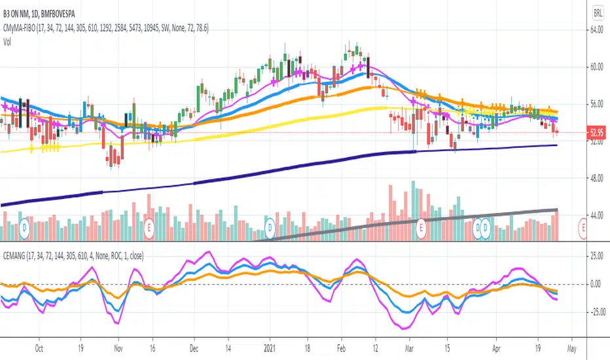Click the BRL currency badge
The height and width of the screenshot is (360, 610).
[598, 12]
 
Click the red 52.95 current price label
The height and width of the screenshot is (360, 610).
[596, 133]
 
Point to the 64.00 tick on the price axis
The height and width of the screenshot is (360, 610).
[596, 30]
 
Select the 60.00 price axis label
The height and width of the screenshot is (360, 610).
[596, 67]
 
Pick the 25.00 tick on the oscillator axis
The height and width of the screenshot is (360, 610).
[596, 257]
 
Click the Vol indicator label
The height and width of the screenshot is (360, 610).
[9, 41]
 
